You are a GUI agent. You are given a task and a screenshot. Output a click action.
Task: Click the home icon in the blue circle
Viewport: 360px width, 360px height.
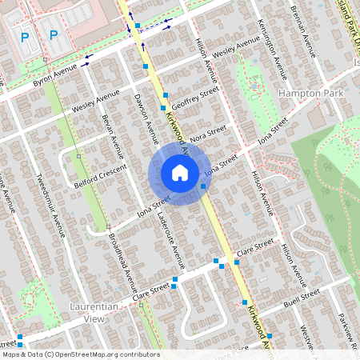point(180,172)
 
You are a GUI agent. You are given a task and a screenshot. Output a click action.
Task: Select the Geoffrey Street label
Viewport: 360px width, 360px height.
point(195,102)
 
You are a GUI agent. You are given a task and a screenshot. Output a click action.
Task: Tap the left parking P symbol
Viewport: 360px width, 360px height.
point(25,37)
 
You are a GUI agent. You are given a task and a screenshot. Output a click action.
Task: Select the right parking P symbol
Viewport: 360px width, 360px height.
point(54,34)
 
